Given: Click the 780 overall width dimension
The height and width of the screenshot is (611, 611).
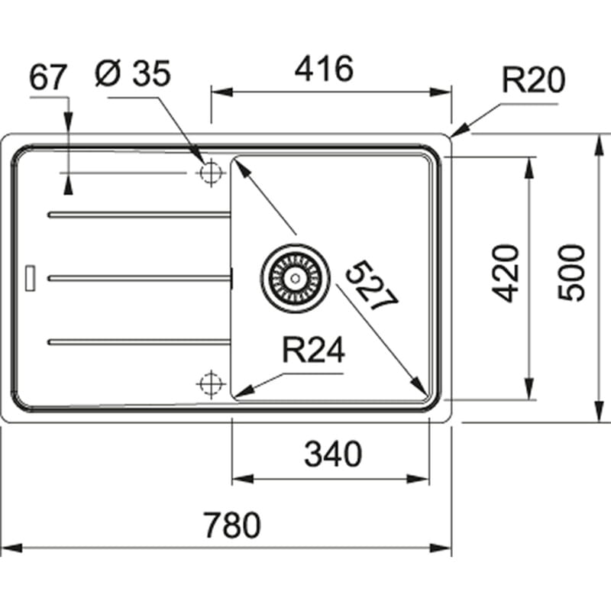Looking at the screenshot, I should tap(232, 525).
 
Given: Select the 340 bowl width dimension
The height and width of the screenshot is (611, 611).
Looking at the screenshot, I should tap(332, 455).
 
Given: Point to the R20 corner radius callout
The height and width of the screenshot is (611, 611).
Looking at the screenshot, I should tap(532, 79).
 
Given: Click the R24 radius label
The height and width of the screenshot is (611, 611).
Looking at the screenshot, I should tap(313, 351).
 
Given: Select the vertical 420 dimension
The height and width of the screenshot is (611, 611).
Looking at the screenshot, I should tap(505, 273).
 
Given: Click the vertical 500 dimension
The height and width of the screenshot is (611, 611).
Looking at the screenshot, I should tap(571, 273).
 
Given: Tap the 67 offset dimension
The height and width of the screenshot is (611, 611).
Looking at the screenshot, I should tap(49, 76).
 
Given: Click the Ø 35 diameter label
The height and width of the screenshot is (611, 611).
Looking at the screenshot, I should tap(133, 74).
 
